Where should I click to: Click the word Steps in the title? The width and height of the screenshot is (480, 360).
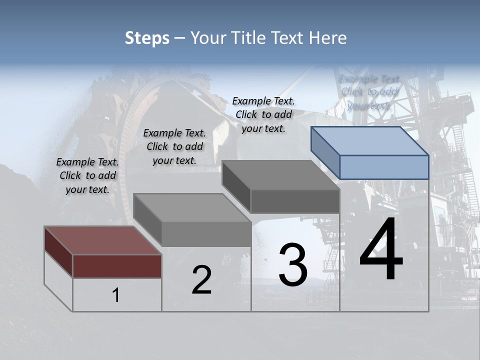(x=146, y=38)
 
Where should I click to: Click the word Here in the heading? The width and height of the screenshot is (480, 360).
(x=327, y=38)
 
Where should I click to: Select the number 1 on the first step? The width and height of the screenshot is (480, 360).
(x=116, y=295)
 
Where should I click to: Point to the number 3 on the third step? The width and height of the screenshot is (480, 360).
(x=292, y=265)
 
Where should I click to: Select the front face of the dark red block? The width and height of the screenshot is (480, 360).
(x=117, y=266)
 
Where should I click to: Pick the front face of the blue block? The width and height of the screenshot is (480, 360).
(x=384, y=167)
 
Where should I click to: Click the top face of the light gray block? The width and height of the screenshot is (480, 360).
(x=192, y=207)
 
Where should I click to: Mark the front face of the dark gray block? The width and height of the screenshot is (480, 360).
(x=295, y=201)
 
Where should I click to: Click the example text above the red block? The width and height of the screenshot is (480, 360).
(x=87, y=175)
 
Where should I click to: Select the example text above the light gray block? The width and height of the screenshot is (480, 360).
(x=174, y=146)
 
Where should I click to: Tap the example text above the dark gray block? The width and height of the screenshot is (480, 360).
(x=263, y=114)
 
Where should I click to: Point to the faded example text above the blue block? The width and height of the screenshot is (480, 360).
(x=369, y=92)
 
